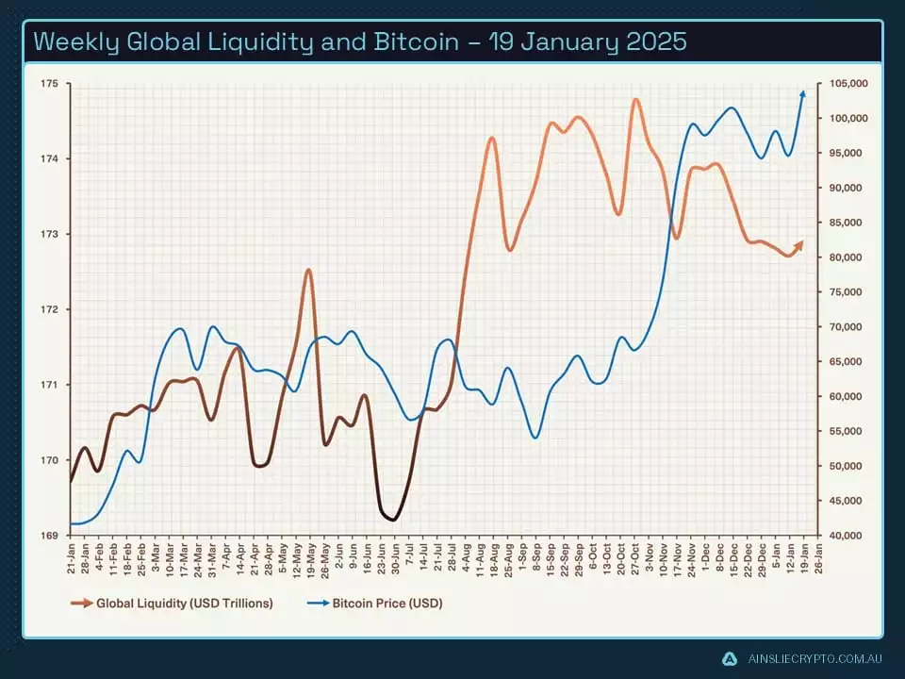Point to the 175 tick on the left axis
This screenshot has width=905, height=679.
click(x=49, y=84)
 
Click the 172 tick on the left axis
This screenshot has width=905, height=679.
click(x=49, y=309)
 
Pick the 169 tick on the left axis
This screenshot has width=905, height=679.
click(x=49, y=535)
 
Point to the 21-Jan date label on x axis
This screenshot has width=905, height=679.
click(x=72, y=556)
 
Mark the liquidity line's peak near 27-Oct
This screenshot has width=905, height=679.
click(x=635, y=99)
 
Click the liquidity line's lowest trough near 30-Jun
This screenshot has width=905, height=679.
click(x=393, y=520)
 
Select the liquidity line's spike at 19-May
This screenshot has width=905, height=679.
click(x=308, y=270)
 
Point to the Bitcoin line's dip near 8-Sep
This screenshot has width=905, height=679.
click(x=535, y=438)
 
